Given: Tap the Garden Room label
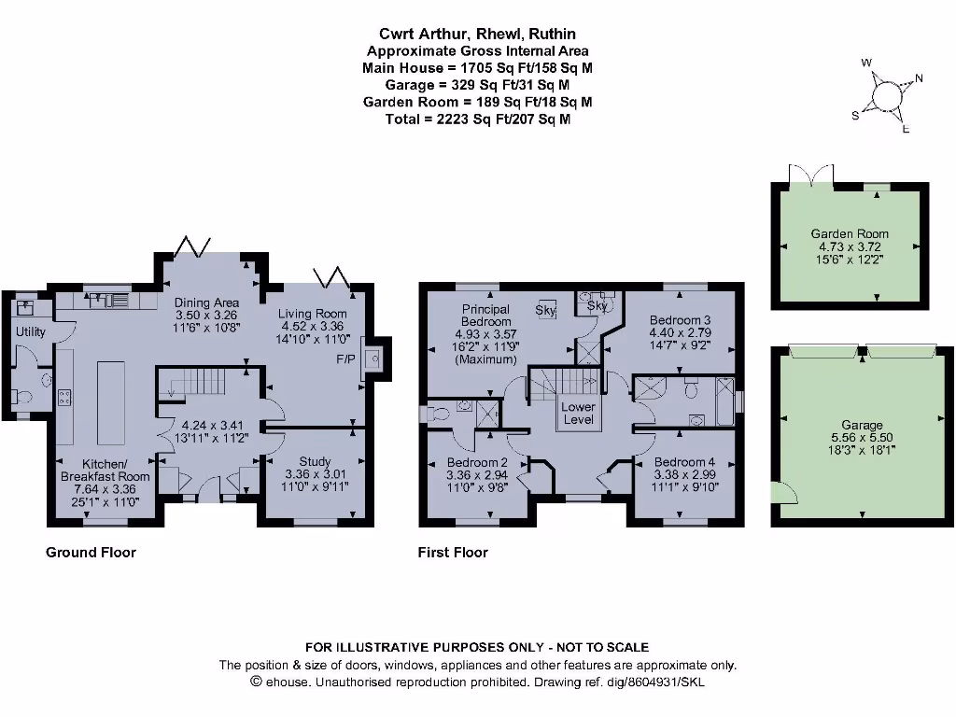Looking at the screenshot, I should point(850,233).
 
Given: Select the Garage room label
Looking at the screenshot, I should point(861,425).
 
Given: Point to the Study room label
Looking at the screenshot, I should point(315,461).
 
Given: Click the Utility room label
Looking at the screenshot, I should point(30,331).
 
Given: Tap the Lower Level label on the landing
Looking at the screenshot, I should point(578,413).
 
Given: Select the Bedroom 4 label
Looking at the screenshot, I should point(684,462).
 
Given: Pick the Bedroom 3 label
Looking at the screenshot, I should point(681,320).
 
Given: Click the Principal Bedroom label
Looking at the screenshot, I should point(485,316).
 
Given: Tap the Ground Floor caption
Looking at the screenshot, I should point(91,553).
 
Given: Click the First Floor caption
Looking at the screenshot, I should point(453,553).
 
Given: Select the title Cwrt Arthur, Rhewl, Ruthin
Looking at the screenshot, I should point(477,35).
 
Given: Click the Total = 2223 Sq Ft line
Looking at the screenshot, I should point(477,119).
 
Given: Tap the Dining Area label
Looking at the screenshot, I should point(206,302).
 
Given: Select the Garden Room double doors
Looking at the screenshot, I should point(810,176).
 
